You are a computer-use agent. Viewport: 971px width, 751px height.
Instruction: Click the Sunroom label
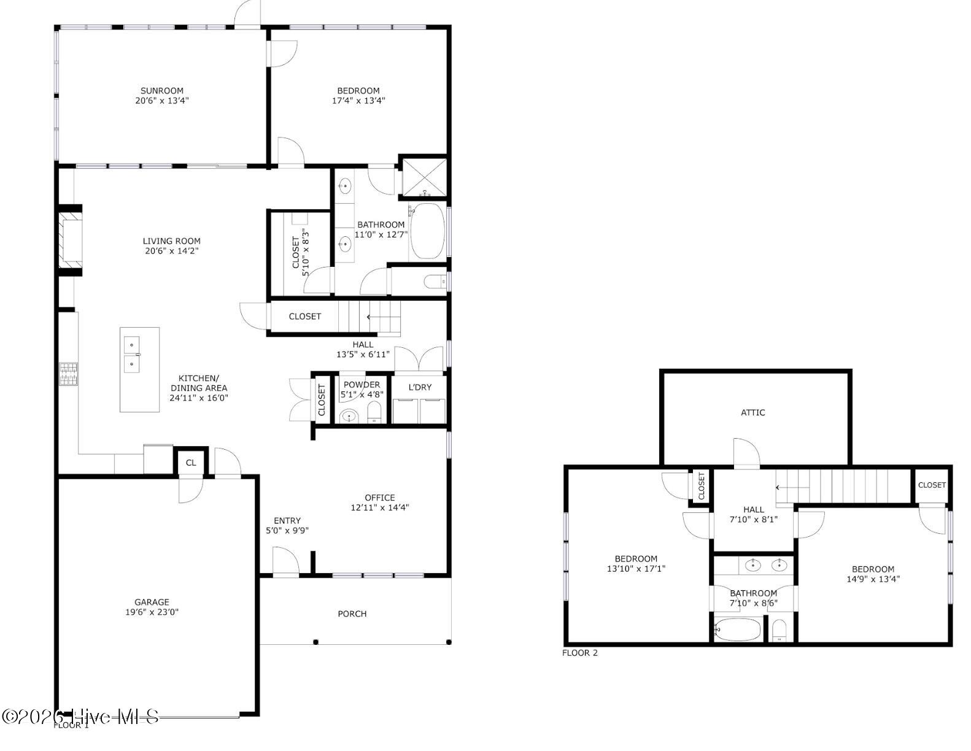pos(162,91)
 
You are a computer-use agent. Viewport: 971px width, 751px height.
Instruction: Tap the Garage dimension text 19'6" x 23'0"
pos(152,612)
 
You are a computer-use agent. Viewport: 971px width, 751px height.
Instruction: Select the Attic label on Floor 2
pos(753,412)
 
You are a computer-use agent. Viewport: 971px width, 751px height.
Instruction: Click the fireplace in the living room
pos(70,240)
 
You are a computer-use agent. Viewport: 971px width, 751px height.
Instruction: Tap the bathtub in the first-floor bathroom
pos(428,231)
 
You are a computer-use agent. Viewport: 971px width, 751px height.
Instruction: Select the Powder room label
pos(362,385)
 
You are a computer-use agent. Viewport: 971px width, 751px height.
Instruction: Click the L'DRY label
pos(420,387)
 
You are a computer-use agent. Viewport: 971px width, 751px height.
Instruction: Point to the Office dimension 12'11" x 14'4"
pos(380,507)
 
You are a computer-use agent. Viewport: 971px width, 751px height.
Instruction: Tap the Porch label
pos(352,614)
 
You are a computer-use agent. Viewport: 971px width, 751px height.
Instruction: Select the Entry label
pos(287,521)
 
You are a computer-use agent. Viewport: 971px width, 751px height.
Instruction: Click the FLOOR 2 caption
pos(579,653)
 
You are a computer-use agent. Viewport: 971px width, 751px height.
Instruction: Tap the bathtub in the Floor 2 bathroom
pos(737,629)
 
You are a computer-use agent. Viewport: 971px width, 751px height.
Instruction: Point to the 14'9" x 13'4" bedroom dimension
pos(873,579)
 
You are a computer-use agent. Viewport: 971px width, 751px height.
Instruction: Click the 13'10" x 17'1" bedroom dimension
pos(636,568)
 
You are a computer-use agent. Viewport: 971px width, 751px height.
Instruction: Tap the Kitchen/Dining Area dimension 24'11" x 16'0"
pos(199,398)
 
